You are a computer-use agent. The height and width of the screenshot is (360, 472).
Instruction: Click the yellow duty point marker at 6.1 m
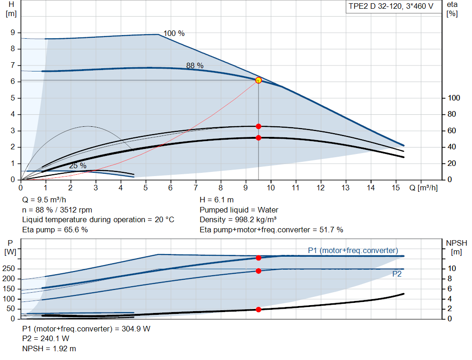tap(258, 80)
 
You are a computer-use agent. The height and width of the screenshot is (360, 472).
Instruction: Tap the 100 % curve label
tap(174, 33)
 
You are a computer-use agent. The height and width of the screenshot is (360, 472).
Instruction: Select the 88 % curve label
tap(195, 65)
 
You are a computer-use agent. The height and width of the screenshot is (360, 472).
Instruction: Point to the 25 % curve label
tap(77, 165)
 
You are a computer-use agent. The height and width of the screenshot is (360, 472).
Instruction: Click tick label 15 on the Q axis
tap(395, 188)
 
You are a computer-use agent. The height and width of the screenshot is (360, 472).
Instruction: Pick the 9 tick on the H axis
tap(13, 33)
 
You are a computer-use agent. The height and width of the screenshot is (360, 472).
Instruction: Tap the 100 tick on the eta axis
tap(454, 98)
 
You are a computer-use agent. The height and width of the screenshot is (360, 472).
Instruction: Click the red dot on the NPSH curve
tap(258, 309)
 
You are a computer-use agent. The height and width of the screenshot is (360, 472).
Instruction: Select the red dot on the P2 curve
tap(258, 271)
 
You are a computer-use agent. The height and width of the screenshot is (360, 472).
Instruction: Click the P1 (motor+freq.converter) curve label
tap(353, 250)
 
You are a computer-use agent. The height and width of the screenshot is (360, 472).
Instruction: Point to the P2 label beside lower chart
tap(397, 274)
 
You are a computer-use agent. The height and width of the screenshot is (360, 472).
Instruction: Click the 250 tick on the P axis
tap(10, 269)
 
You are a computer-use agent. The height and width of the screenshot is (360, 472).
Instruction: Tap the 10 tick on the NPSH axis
tap(452, 269)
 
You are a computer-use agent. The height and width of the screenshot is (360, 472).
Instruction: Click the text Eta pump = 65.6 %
tap(55, 230)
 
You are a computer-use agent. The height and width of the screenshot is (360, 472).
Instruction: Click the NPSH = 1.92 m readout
tap(49, 348)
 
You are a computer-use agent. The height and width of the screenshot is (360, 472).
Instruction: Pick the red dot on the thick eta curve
tap(258, 138)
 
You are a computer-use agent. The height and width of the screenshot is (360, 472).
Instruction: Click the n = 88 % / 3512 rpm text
tap(57, 210)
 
